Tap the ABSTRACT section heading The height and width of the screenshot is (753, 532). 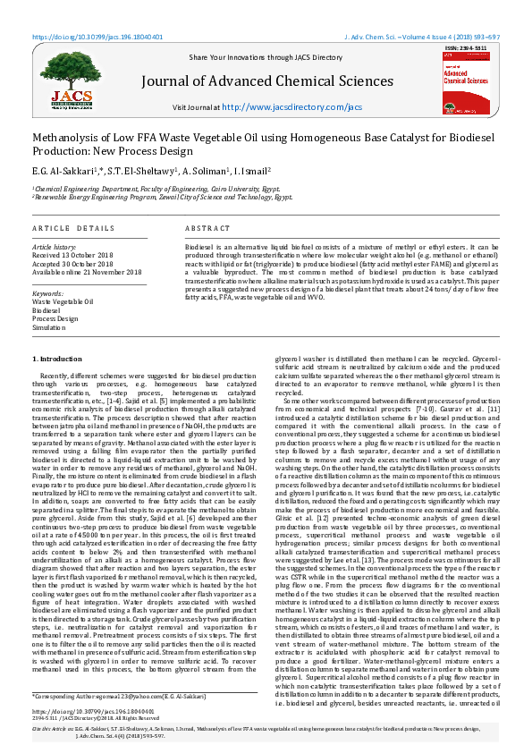coord(207,229)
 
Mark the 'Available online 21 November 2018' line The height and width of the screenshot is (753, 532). coord(87,272)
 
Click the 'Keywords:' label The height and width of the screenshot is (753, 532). coord(47,292)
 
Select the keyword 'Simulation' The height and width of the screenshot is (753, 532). coord(50,327)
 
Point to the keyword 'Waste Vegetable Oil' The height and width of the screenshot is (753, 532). coord(63,302)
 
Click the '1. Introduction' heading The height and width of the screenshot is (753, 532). coord(57,358)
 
